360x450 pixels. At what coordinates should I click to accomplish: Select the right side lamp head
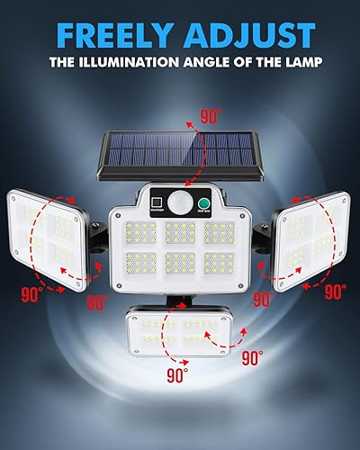[x=311, y=238]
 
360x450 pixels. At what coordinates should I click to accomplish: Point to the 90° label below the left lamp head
[x=31, y=292]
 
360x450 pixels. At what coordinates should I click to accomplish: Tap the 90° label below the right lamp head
[x=335, y=292]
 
